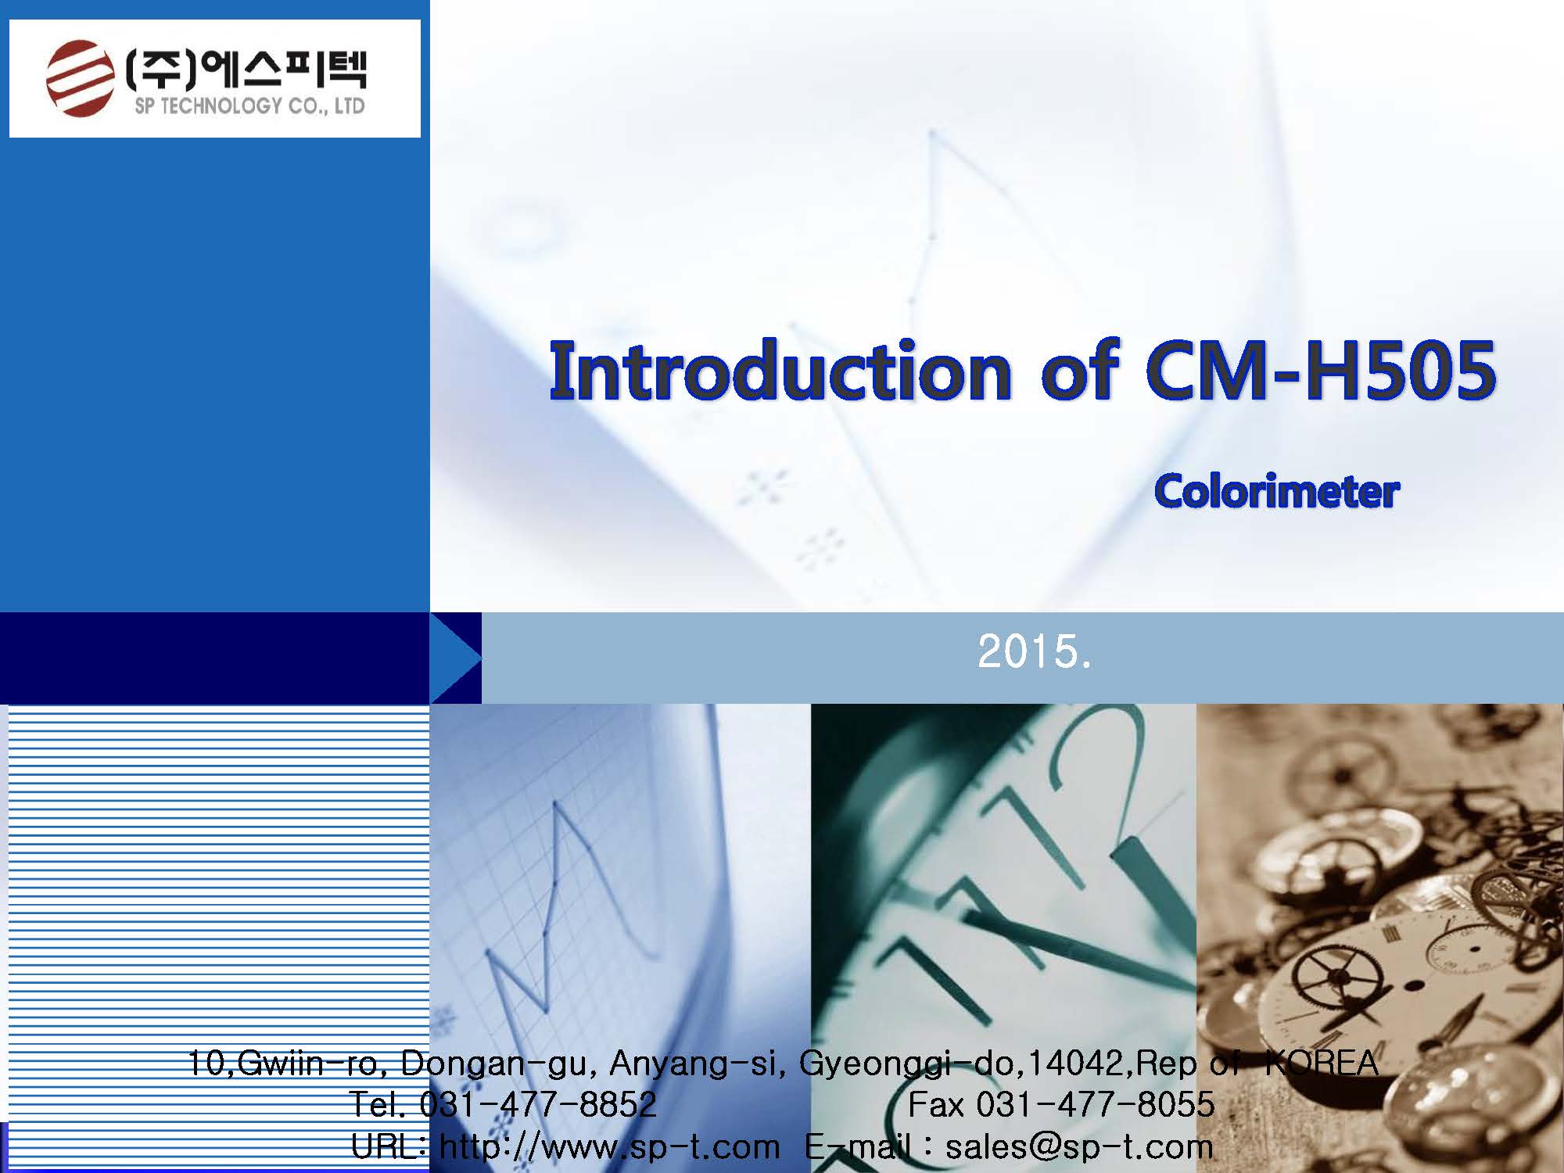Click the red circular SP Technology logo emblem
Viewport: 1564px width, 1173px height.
click(x=78, y=79)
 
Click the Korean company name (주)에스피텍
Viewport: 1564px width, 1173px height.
click(x=246, y=69)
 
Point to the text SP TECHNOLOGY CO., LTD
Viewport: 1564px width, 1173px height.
click(x=249, y=106)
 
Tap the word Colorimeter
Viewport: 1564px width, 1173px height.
click(x=1277, y=492)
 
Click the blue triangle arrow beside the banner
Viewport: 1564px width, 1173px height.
click(x=456, y=658)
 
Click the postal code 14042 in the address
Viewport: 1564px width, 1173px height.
click(x=1077, y=1062)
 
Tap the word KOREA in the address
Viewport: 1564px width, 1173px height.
click(x=1321, y=1062)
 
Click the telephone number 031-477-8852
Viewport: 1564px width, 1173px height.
click(x=537, y=1104)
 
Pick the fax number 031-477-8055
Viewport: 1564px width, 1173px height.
click(x=1096, y=1104)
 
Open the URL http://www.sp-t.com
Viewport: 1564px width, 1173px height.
click(x=610, y=1147)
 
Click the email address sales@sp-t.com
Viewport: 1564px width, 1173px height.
click(x=1079, y=1147)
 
